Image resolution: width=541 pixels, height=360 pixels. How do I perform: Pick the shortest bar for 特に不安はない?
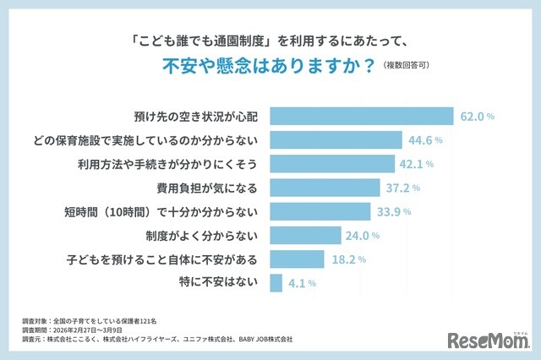276,282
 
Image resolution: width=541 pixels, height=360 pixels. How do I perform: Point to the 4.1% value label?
300,283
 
